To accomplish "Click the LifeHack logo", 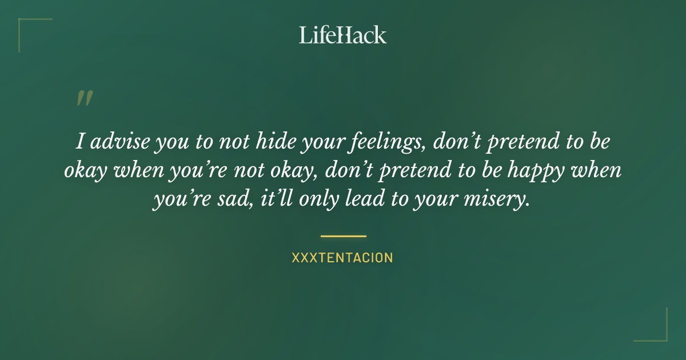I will (x=343, y=35).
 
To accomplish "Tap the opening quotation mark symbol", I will (x=84, y=99).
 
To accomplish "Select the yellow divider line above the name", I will (x=343, y=235).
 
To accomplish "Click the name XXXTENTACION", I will (x=342, y=258).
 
